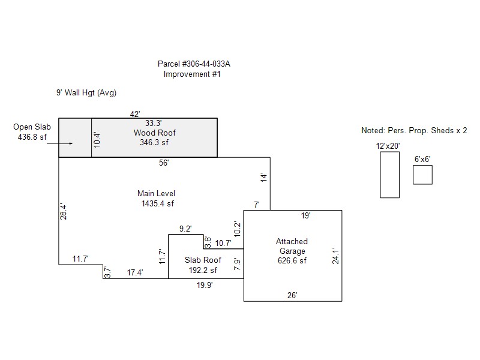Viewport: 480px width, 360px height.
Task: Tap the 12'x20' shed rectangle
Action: pos(389,175)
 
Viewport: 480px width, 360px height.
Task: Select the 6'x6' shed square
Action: pos(422,175)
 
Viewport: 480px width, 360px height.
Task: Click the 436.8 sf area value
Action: pos(32,137)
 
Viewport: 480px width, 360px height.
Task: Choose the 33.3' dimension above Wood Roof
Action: pos(154,123)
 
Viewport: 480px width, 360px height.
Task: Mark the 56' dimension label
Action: pos(164,163)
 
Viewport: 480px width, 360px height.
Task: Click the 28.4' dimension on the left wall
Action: pos(63,212)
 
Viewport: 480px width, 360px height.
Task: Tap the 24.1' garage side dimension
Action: pos(337,256)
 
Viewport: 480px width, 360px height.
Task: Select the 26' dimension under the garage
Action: pos(292,295)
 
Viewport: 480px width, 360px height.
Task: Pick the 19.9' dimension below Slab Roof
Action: pos(205,286)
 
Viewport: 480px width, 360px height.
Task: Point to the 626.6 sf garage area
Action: pos(291,261)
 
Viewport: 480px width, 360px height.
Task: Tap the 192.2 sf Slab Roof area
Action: pos(202,270)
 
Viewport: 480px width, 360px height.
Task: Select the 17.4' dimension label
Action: pos(134,272)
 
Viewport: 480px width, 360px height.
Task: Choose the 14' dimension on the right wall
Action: pos(263,177)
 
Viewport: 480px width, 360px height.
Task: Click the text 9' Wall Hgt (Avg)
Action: pos(86,93)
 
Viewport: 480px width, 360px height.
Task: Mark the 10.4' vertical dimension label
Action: pos(96,139)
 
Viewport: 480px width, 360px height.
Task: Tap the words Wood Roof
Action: pos(154,133)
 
